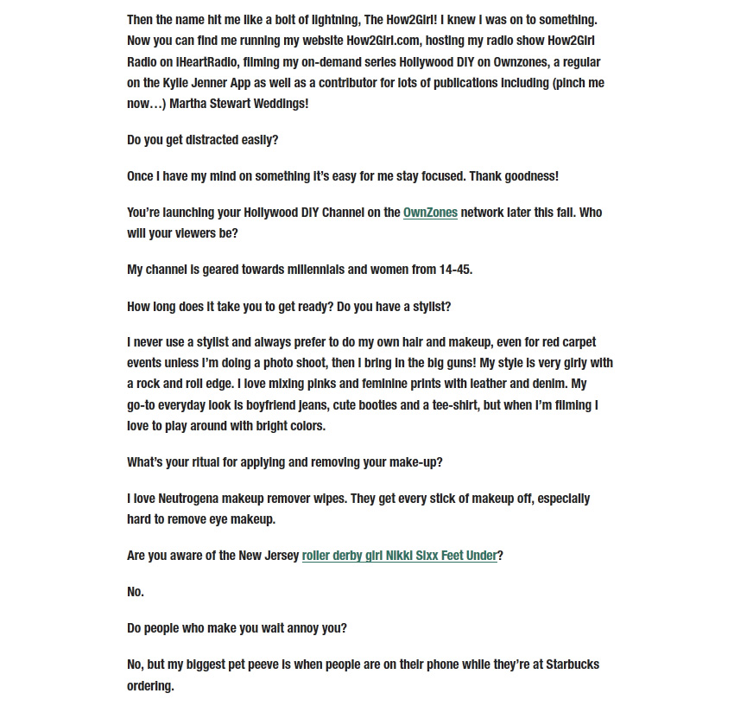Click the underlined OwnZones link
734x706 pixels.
pos(430,213)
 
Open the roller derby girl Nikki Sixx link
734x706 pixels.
pos(399,556)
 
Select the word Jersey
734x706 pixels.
pos(280,556)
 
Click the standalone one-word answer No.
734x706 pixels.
pos(136,592)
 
